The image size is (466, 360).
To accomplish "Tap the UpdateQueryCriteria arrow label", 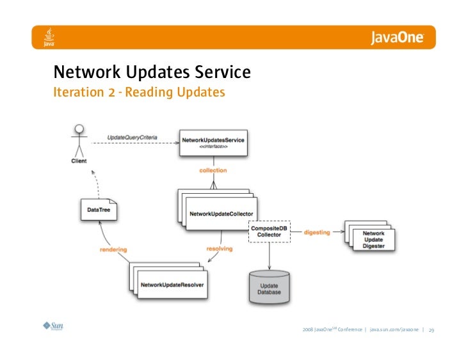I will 132,138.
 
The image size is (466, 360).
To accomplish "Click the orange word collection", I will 213,171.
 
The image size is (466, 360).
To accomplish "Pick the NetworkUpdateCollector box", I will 220,213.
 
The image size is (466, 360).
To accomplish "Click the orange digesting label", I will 317,232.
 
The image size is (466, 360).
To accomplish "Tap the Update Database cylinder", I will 268,286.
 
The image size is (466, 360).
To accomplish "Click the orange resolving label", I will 219,248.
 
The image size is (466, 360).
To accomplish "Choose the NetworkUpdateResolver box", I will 172,283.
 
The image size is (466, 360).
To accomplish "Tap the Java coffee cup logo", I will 48,37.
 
